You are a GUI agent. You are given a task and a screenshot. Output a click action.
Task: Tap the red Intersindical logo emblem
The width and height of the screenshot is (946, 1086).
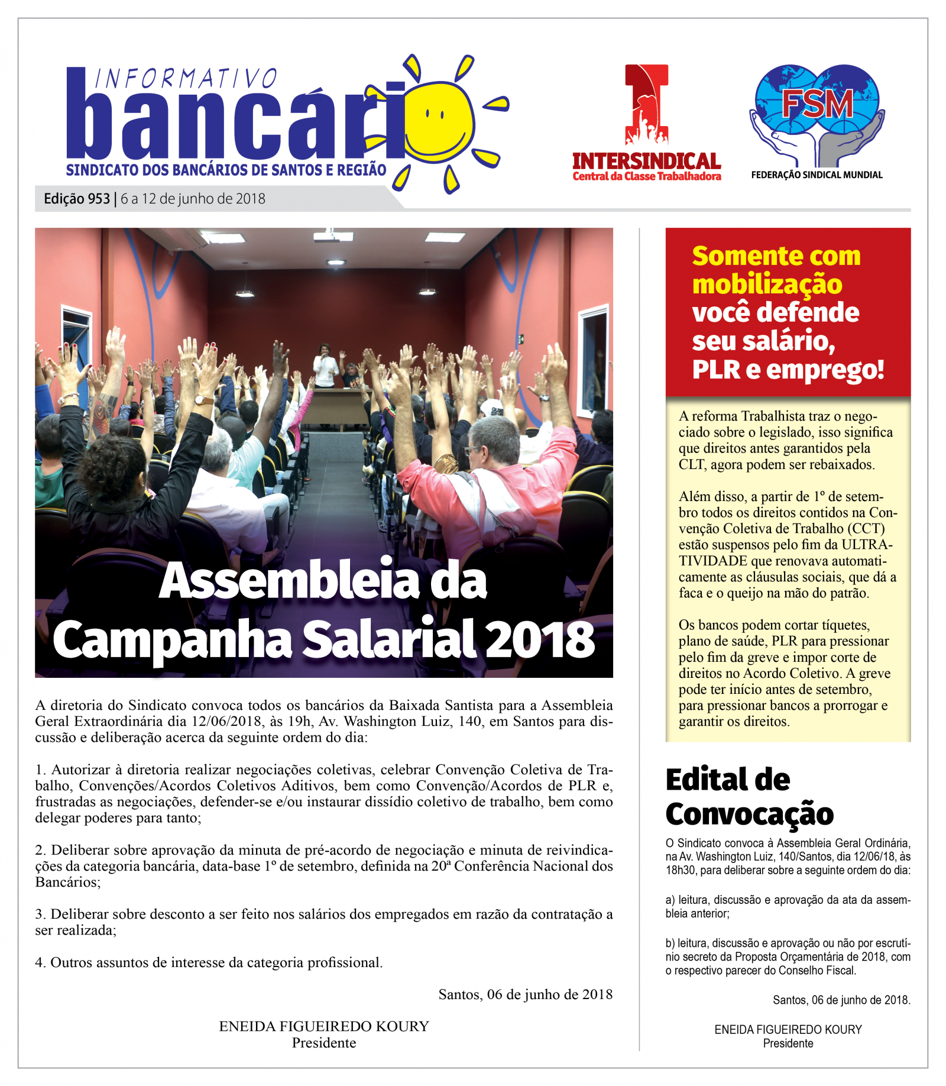[x=647, y=105]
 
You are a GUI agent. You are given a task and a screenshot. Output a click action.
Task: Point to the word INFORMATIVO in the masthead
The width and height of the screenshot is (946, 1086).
[x=185, y=79]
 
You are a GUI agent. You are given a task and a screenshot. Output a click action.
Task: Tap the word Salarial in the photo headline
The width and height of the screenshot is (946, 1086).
[x=390, y=639]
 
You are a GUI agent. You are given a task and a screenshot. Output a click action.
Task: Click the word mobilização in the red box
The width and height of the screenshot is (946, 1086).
[x=767, y=285]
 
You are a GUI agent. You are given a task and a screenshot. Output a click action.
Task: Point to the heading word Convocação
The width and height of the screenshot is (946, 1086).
[x=749, y=814]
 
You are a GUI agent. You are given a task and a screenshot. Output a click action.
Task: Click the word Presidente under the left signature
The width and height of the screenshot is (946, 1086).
[x=324, y=1043]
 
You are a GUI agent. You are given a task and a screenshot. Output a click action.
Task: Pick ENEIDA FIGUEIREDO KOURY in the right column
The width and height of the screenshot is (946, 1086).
[x=788, y=1030]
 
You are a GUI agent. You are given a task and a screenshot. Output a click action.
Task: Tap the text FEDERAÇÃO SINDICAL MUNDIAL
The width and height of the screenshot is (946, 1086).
[x=817, y=175]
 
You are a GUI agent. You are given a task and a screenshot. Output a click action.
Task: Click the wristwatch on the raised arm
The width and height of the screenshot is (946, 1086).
[x=203, y=400]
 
